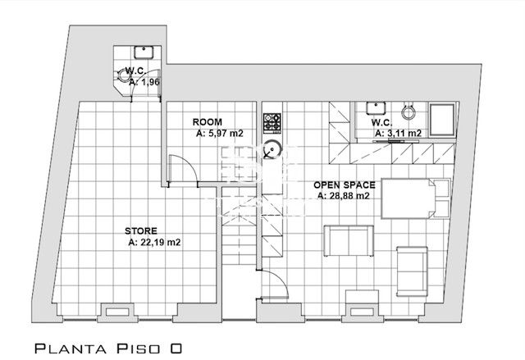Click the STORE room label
(140, 231)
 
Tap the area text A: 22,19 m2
(154, 242)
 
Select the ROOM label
(207, 122)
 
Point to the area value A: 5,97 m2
(219, 134)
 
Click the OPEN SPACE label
(345, 185)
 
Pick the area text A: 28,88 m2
(343, 196)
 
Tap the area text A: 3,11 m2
(398, 133)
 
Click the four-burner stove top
(272, 122)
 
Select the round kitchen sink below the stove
(272, 149)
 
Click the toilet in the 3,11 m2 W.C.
(409, 111)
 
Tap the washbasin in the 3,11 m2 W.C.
(377, 107)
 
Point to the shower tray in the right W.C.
(442, 120)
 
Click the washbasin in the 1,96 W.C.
(144, 52)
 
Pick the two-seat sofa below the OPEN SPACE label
(349, 241)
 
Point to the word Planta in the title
(71, 349)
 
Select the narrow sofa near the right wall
(412, 271)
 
